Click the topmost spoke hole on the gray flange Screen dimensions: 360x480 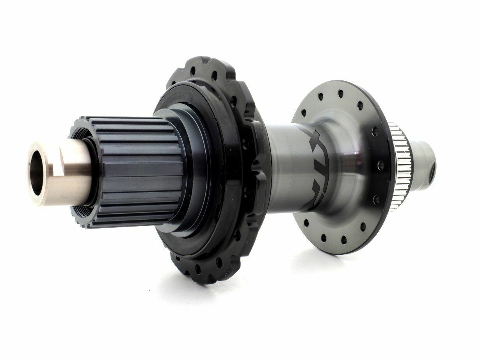click(340, 92)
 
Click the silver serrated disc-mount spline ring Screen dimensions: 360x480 click(404, 168)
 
